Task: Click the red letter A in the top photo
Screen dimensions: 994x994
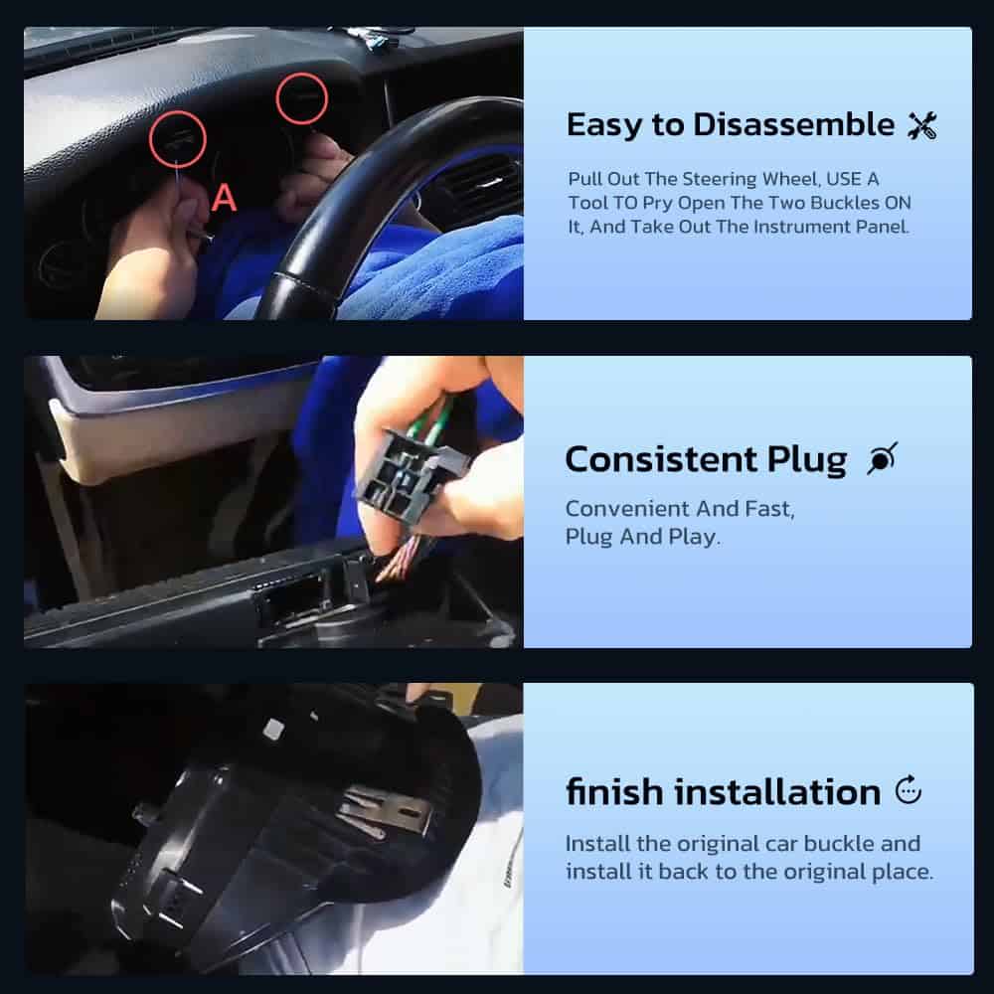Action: (226, 198)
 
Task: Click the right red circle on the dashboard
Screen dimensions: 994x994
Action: (301, 97)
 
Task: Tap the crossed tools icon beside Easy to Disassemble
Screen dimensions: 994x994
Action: (921, 126)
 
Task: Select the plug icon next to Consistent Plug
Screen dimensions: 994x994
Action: (881, 460)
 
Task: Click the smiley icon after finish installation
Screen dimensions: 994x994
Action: (909, 791)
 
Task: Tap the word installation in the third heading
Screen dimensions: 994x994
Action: (777, 792)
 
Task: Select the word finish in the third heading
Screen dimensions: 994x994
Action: (613, 792)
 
